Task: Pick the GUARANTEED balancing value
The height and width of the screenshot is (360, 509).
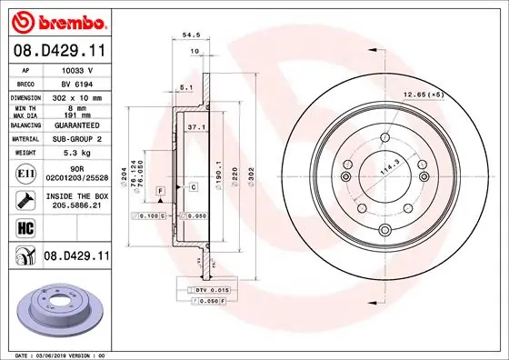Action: tap(75, 126)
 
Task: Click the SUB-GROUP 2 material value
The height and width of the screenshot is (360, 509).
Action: tap(75, 139)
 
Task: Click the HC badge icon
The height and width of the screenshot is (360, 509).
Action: tap(26, 227)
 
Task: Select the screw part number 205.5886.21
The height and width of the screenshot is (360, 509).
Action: tap(75, 205)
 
